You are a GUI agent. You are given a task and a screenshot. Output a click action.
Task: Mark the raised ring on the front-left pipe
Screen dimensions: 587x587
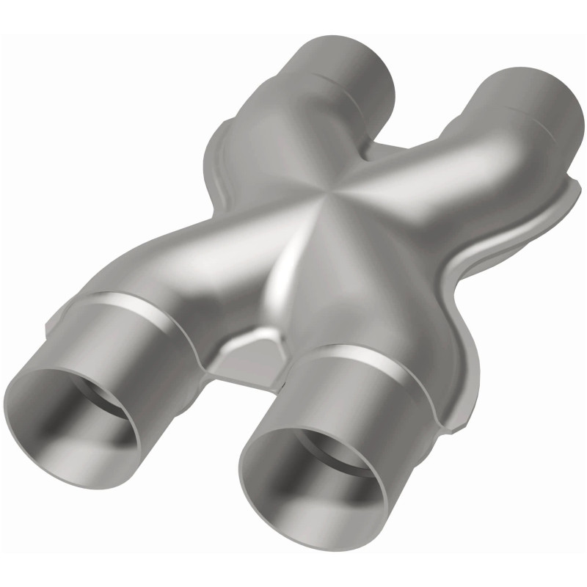click(x=139, y=308)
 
